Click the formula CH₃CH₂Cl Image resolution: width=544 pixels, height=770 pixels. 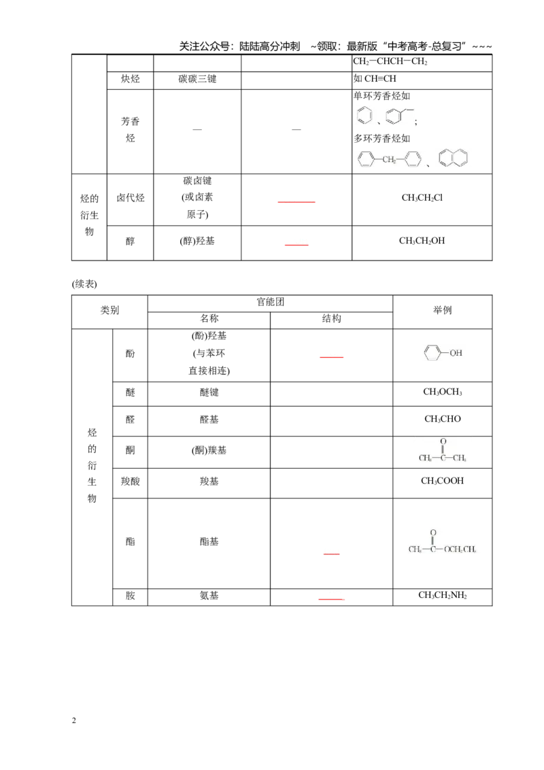coord(422,198)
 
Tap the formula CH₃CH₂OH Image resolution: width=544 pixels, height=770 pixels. coord(422,241)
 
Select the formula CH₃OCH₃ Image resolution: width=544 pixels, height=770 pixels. coord(443,392)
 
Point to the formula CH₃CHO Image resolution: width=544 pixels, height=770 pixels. coord(443,420)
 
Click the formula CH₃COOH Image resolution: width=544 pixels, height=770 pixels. coord(442,482)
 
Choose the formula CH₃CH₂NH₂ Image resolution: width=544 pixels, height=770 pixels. coord(443,595)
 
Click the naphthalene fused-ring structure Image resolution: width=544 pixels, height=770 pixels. coord(453,158)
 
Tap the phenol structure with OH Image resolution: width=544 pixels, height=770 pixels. coord(443,352)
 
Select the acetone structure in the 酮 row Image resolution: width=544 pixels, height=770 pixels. coord(443,450)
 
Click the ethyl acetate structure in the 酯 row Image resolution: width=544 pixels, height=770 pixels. coord(442,541)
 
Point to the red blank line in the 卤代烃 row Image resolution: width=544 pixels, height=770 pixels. coord(296,202)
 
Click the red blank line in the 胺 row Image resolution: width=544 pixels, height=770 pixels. coord(331,599)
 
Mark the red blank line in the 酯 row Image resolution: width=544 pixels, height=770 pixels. coord(331,554)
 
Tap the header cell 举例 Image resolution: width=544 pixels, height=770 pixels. coord(443,310)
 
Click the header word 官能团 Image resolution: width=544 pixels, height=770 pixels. coord(270,302)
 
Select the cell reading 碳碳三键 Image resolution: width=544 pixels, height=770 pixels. coord(197,79)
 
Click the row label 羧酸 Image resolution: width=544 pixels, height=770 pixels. coord(130,482)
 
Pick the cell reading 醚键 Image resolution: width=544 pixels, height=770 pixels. coord(209,392)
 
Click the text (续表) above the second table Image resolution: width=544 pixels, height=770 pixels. coord(84,284)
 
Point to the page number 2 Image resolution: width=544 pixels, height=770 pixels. coord(74,721)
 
